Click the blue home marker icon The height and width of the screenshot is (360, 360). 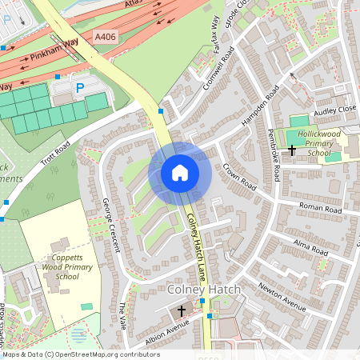(x=180, y=173)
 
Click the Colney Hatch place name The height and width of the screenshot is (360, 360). (x=201, y=288)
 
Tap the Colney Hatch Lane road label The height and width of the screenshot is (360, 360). (x=196, y=233)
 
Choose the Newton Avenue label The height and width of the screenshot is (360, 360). (x=282, y=297)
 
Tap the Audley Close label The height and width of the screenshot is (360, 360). (x=335, y=108)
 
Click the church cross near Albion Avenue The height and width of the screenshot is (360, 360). (x=182, y=310)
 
